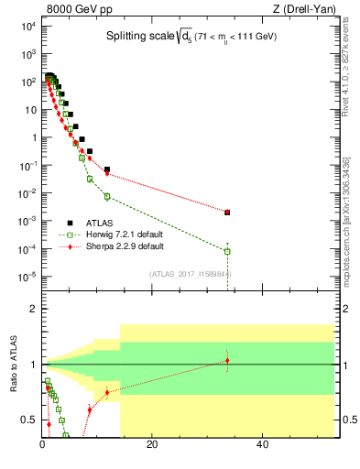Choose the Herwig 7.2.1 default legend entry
(x=118, y=234)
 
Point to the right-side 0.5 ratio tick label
(x=346, y=420)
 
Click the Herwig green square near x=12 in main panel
(x=107, y=197)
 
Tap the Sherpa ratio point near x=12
(x=107, y=392)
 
